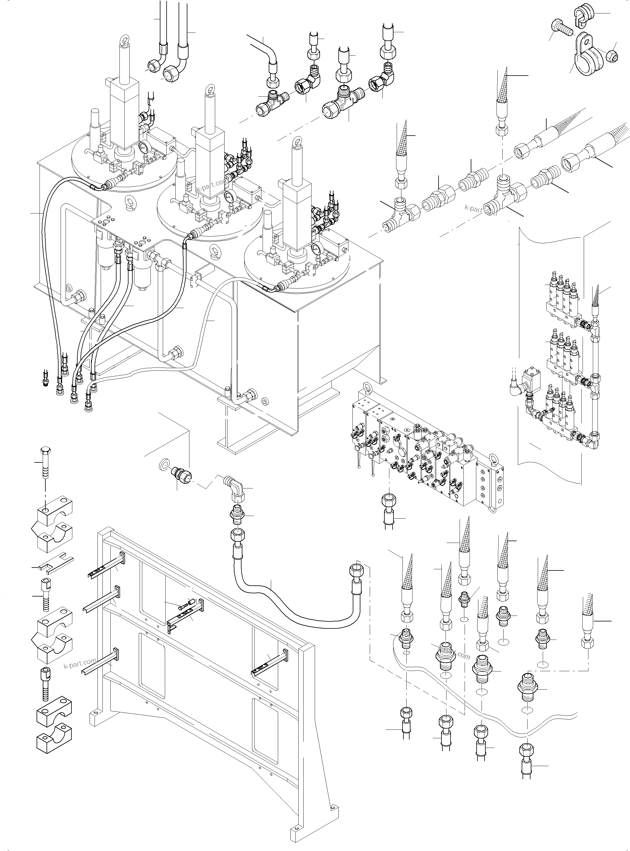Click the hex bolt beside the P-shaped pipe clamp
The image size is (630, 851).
[562, 28]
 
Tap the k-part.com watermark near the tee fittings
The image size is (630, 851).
[480, 209]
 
